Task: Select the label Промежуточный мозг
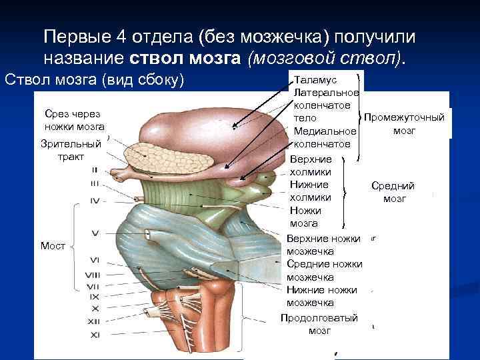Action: click(404, 124)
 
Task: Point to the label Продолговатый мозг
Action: click(319, 324)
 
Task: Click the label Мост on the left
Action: click(52, 246)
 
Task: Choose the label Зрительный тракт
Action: click(70, 150)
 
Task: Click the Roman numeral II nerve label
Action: click(95, 170)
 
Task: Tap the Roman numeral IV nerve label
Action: click(95, 200)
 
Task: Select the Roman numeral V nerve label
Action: click(95, 233)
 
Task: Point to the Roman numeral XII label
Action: click(94, 321)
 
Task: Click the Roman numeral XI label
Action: click(94, 333)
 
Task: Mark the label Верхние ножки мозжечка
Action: click(323, 245)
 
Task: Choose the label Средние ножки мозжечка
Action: click(324, 270)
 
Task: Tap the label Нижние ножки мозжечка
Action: click(322, 296)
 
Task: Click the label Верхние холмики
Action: click(311, 165)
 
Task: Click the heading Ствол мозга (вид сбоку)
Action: click(94, 79)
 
